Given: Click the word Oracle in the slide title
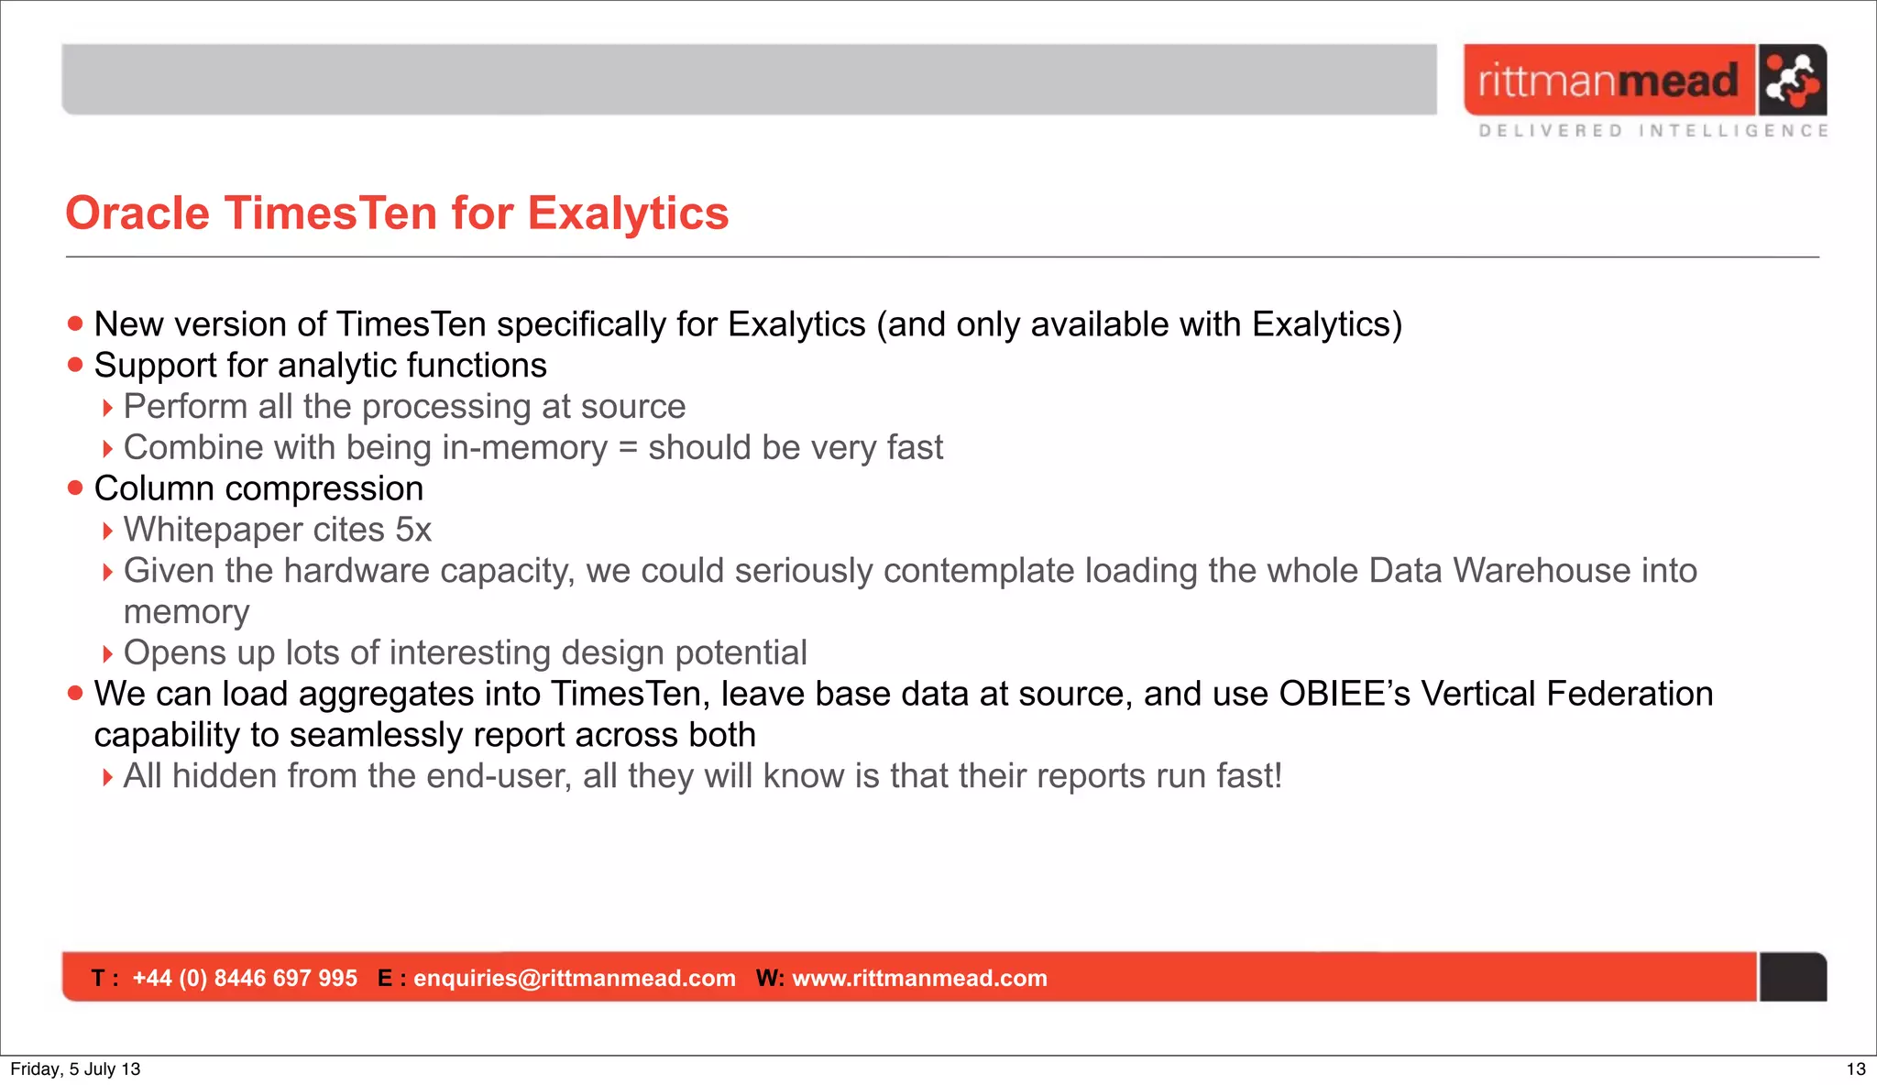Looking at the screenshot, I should [137, 214].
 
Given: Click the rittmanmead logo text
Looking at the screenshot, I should [1608, 81].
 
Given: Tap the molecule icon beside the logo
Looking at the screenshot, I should [1792, 80].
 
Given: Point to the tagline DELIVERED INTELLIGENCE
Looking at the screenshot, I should [1653, 131].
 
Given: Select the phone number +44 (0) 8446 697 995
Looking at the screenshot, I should [245, 978].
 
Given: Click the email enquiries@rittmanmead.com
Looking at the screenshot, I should [575, 978].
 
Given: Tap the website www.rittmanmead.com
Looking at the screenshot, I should [919, 978].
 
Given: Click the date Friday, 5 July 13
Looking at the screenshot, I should [75, 1069].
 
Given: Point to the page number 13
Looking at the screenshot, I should [1855, 1069].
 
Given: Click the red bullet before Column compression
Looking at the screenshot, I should [75, 488].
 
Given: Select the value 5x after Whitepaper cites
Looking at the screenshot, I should [413, 530].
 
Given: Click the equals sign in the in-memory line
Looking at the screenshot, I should [628, 448].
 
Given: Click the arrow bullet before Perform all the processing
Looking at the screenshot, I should [107, 408].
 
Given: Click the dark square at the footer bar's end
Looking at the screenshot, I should [1793, 977].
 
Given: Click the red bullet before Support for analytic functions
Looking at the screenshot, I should [75, 366].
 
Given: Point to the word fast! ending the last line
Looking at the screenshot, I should [1248, 776].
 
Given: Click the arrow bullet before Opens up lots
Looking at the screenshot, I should [107, 654].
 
